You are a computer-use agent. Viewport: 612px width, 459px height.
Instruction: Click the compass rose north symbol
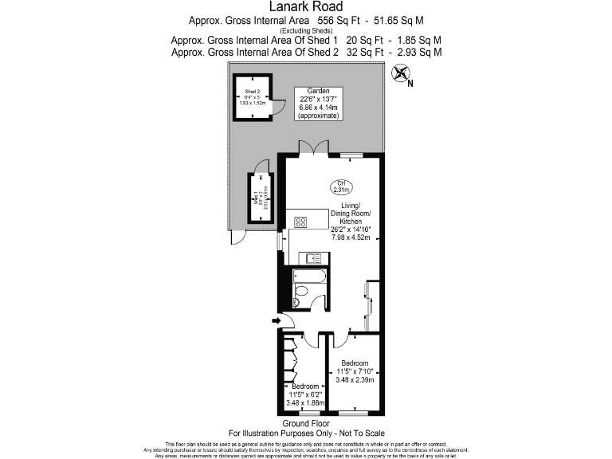coord(401,75)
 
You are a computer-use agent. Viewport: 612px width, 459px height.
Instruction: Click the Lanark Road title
coord(307,7)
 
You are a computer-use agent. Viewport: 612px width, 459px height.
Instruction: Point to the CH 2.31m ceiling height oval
coord(343,186)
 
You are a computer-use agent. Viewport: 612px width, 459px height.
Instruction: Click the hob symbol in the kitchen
coord(301,222)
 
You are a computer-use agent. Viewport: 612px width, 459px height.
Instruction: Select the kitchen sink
coord(308,258)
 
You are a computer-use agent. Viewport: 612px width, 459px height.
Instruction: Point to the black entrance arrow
coord(276,321)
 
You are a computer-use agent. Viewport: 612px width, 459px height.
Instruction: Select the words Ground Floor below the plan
coord(306,424)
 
